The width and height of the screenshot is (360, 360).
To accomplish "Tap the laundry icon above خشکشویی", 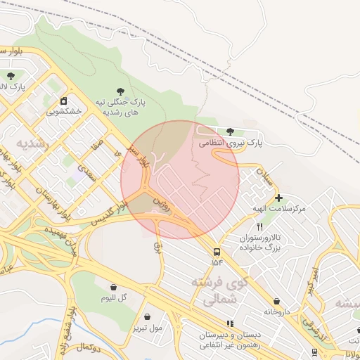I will point(63,100).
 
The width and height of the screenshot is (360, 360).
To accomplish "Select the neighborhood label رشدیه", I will point(35,144).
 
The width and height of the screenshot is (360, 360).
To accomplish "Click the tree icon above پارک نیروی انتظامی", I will point(231,131).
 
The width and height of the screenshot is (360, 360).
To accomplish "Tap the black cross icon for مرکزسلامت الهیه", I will point(279,198).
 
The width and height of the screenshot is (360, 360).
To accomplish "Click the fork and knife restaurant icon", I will point(260,226).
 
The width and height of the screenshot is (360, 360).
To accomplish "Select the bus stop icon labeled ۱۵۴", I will point(216,251).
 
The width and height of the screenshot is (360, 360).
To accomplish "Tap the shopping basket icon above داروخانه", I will point(276,301).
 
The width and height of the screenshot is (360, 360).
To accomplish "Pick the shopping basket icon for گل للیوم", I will point(114,287).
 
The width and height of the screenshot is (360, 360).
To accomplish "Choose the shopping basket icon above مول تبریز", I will point(147,316).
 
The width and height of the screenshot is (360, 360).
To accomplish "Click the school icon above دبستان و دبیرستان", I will point(230,323).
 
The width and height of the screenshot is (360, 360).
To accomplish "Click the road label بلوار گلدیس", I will point(113,213).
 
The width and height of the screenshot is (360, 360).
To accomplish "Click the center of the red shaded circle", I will point(180,180).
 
